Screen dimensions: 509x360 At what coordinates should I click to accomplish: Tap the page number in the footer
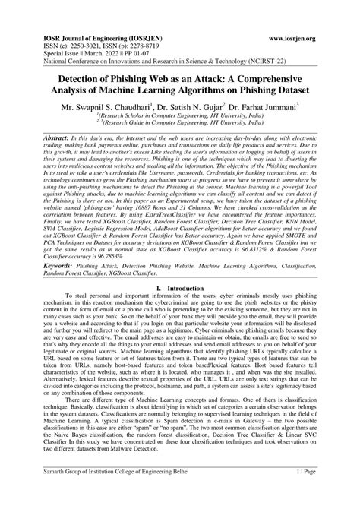tap(321, 492)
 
